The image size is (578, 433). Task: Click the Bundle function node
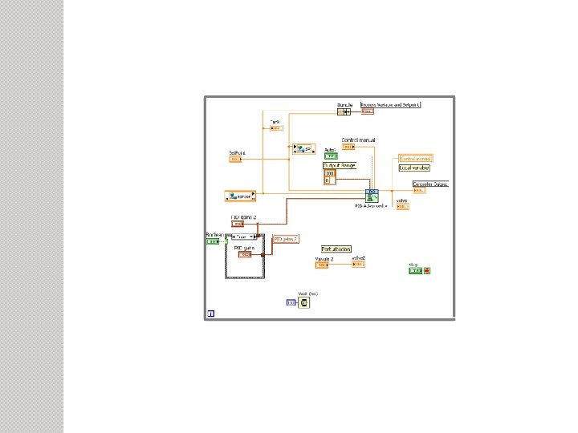tap(345, 111)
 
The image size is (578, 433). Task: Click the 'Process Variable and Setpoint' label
tap(391, 104)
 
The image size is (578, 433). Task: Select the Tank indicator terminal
tap(275, 127)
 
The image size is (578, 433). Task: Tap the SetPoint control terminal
tap(234, 159)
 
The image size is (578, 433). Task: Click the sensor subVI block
tap(240, 195)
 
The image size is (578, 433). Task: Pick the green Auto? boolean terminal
tap(331, 156)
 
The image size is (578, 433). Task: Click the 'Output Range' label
tap(339, 165)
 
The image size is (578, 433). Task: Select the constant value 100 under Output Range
tap(329, 173)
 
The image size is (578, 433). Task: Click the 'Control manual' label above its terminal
tap(358, 140)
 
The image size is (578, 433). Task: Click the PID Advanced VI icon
tap(372, 196)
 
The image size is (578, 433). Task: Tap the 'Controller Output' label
tap(430, 184)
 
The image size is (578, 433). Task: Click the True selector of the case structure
tap(242, 237)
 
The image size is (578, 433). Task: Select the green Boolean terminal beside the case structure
tap(212, 241)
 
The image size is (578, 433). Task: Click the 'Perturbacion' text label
tap(337, 249)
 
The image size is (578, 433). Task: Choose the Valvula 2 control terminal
tap(321, 265)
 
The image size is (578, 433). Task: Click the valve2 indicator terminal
tap(358, 264)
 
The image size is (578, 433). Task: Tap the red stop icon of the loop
tap(427, 271)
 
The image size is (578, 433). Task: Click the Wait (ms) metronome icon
tap(304, 302)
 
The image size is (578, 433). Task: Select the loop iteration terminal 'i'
tap(210, 314)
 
